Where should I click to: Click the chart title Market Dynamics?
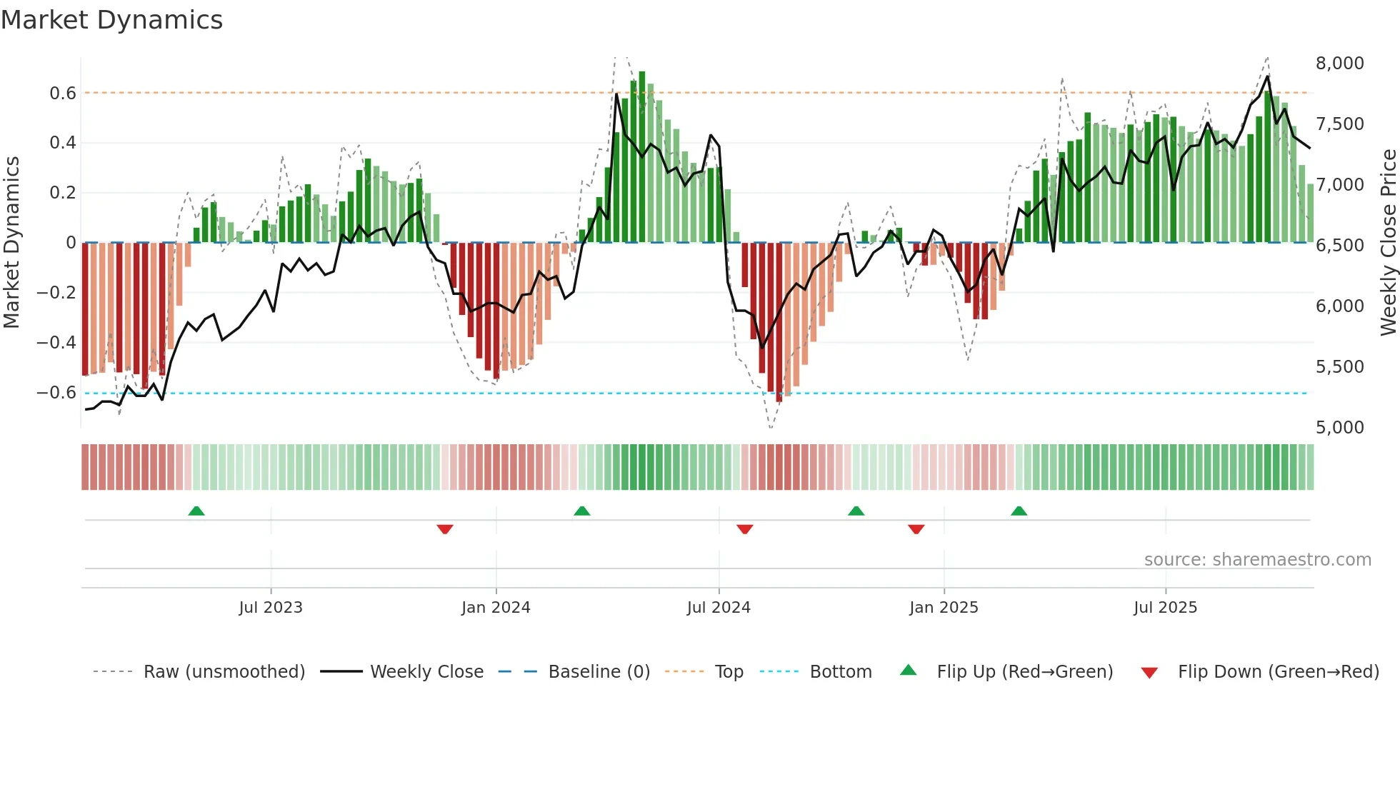[x=111, y=20]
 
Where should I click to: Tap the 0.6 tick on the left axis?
[x=63, y=94]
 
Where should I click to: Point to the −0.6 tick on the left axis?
[x=56, y=393]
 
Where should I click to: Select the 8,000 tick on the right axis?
[x=1339, y=64]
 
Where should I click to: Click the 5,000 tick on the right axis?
[x=1339, y=428]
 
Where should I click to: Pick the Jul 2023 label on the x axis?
[x=271, y=608]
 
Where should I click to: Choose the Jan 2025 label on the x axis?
[x=944, y=608]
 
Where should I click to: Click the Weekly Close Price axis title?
[x=1388, y=243]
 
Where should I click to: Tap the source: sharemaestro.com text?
[x=1257, y=560]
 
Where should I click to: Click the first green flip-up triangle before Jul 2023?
[x=196, y=511]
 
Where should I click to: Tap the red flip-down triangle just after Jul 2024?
[x=744, y=529]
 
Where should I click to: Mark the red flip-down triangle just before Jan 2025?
[x=916, y=529]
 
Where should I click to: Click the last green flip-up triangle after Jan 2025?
[x=1019, y=511]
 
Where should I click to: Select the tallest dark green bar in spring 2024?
[x=642, y=157]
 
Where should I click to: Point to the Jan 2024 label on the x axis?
[x=496, y=608]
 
